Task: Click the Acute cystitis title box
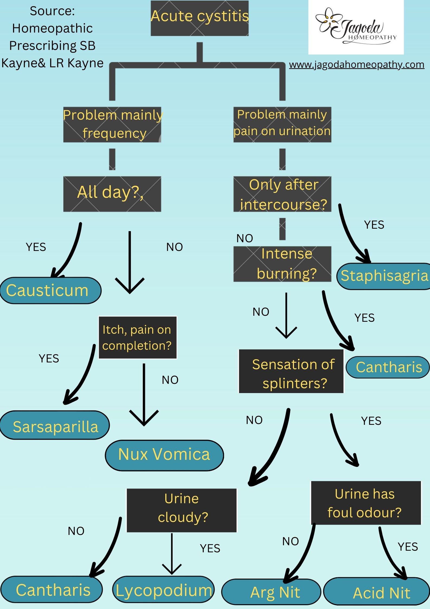200,18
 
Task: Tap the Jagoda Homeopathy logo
356,27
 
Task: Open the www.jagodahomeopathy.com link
356,65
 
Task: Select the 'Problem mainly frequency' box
112,125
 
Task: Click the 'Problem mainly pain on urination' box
282,125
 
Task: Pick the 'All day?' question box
112,194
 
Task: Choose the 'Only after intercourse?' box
282,194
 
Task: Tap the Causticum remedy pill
50,290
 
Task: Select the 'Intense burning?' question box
282,264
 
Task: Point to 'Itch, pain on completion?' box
138,337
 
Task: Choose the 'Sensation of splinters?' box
291,371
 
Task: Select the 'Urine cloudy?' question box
182,510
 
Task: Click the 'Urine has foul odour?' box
366,503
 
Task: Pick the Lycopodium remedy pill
163,590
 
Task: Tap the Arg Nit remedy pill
271,592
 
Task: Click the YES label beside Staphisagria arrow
374,225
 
